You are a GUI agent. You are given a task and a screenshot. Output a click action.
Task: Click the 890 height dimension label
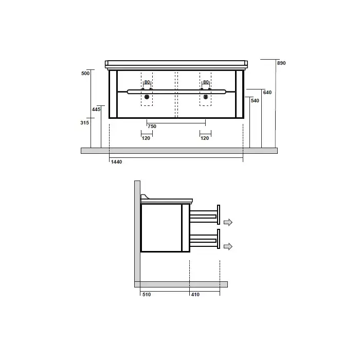click(x=281, y=63)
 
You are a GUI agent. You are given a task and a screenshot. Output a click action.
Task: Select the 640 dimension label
click(x=267, y=93)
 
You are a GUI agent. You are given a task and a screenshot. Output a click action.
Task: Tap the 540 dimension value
click(x=255, y=101)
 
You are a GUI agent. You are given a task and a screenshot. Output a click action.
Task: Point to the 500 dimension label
click(x=85, y=74)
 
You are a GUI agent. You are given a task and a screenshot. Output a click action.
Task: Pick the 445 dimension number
click(x=96, y=110)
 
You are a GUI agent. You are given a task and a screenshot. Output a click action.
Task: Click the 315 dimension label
click(x=85, y=123)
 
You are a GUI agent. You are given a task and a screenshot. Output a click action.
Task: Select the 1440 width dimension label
click(x=116, y=162)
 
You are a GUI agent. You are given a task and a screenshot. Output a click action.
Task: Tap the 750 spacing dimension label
click(x=152, y=127)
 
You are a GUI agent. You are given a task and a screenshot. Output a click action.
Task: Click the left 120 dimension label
click(x=146, y=138)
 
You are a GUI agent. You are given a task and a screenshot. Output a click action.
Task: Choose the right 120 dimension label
click(x=205, y=138)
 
